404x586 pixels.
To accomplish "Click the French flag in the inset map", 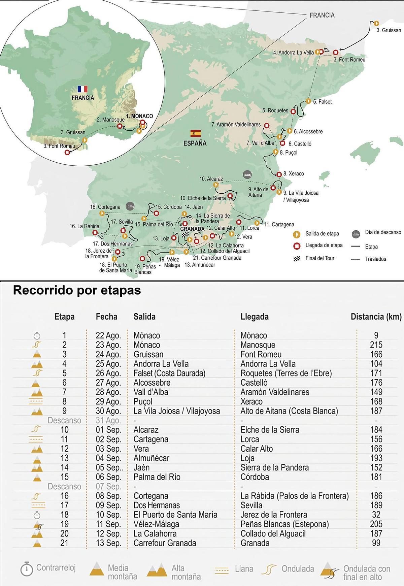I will click(x=82, y=89).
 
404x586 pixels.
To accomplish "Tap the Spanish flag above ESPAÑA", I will click(x=195, y=133).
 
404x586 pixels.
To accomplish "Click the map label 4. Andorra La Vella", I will click(x=293, y=53).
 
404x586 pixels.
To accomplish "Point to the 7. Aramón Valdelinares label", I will click(x=236, y=125).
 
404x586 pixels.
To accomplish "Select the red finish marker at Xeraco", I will click(x=279, y=174).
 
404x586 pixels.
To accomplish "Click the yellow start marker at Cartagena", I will click(x=257, y=223).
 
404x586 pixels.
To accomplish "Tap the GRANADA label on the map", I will click(x=193, y=229).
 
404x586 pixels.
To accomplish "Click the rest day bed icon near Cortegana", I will click(x=130, y=206).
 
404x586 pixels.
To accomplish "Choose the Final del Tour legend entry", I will click(x=320, y=258).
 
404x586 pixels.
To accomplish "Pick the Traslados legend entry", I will click(x=375, y=259).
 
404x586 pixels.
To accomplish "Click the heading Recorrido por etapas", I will click(x=77, y=290).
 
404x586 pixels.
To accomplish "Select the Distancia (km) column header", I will click(x=376, y=317).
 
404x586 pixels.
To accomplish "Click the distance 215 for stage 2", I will click(x=376, y=345).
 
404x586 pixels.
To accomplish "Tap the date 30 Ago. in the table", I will click(x=108, y=411).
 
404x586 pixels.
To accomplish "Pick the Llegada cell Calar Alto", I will click(x=257, y=449).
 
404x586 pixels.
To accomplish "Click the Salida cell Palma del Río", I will click(x=157, y=477).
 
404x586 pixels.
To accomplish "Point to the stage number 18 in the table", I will click(x=64, y=515).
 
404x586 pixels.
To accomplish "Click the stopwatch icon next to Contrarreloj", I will click(x=27, y=569).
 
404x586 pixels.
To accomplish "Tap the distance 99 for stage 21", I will click(x=376, y=543).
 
